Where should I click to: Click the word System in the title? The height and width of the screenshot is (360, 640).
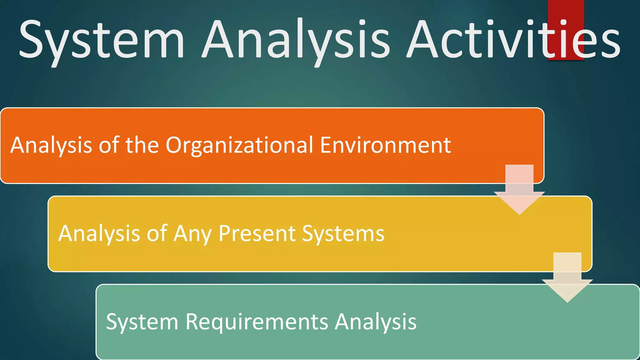[x=102, y=39]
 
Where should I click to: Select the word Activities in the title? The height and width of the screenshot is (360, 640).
[x=512, y=39]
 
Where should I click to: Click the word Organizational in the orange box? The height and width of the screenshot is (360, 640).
[x=239, y=146]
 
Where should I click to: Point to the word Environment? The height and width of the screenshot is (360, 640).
[x=385, y=145]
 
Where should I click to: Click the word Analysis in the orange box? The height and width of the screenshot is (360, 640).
[x=51, y=146]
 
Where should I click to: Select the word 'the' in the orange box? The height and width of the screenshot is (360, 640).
[x=142, y=145]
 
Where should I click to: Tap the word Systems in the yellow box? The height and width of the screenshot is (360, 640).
[x=343, y=234]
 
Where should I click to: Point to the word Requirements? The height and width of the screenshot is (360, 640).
[x=257, y=322]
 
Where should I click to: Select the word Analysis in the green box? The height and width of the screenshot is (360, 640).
[x=376, y=322]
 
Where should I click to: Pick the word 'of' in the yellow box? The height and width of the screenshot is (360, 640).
[x=157, y=233]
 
